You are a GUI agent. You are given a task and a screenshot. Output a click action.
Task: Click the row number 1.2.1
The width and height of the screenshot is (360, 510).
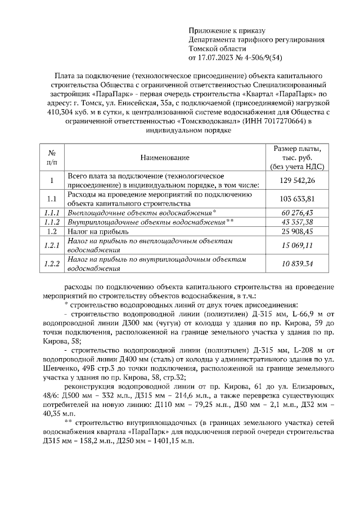tap(51, 245)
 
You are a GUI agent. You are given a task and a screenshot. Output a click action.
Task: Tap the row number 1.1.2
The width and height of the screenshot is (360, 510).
tap(51, 222)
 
